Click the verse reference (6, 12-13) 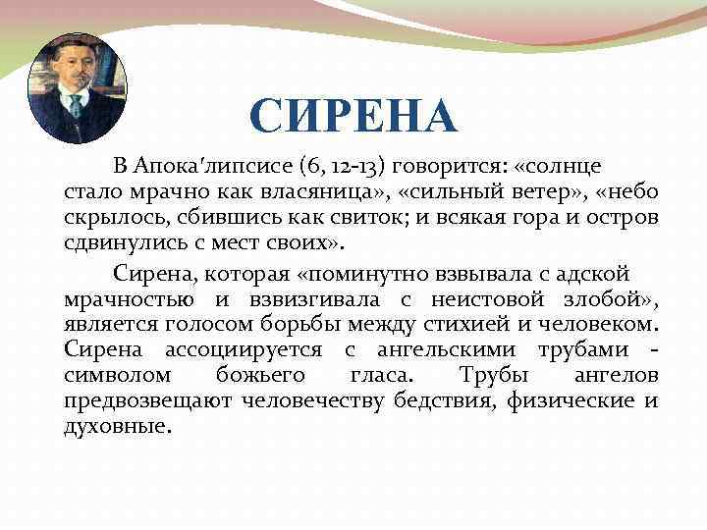tap(322, 166)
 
